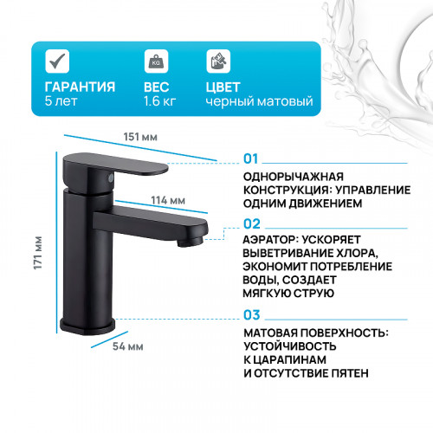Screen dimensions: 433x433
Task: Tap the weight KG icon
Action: point(156,61)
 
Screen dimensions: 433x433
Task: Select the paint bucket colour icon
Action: point(217,61)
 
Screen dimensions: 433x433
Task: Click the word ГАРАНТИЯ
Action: point(81,87)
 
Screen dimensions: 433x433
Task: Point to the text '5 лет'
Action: point(61,102)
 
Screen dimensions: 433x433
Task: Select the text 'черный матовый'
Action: point(259,102)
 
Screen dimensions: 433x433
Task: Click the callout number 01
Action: point(251,159)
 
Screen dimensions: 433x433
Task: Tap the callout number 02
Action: point(251,223)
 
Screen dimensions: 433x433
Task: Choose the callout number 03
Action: point(251,315)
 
